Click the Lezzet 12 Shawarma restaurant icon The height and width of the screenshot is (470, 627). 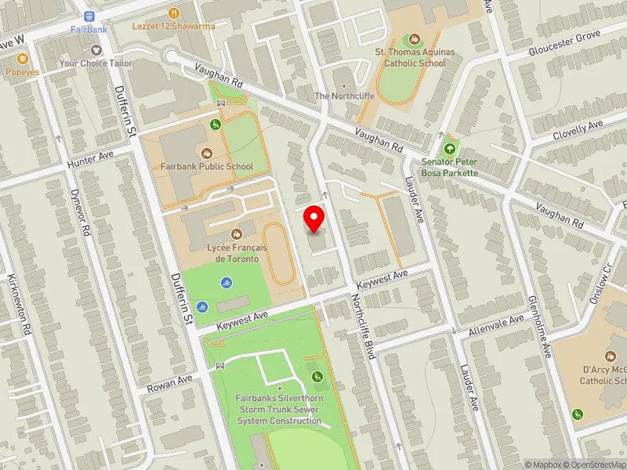[173, 13]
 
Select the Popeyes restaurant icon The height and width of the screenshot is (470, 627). [22, 58]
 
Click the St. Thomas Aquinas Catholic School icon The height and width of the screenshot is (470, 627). [415, 38]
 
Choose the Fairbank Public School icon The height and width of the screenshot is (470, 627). [207, 153]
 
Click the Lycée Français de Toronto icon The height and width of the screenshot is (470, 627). [236, 234]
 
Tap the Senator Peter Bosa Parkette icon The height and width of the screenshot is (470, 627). [449, 148]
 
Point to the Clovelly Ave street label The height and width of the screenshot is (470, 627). [577, 130]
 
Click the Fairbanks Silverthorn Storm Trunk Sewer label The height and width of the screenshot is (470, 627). [280, 409]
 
